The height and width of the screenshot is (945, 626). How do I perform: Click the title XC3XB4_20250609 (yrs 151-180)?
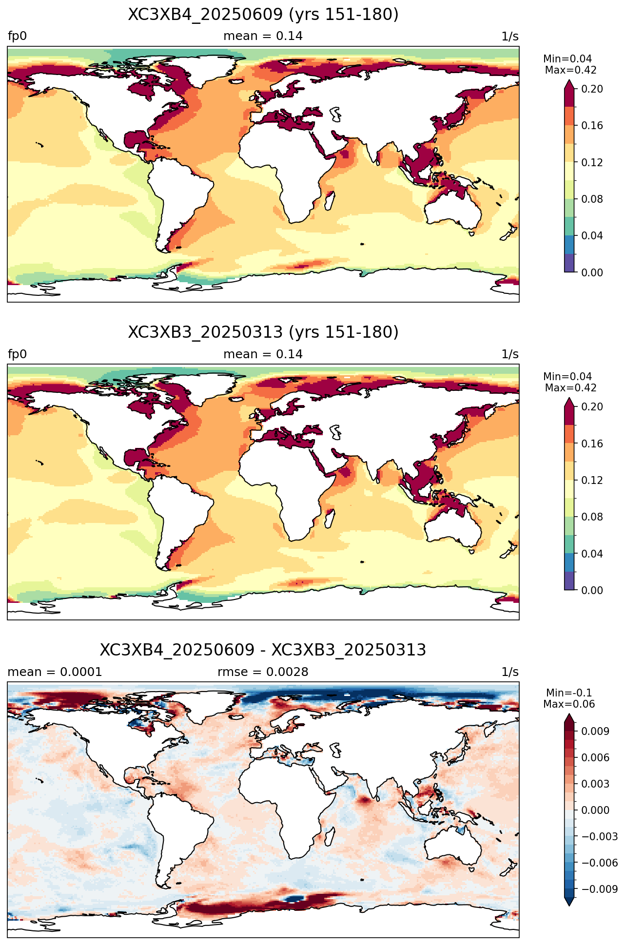(x=263, y=15)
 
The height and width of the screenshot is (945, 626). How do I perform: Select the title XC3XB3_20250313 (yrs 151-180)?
(x=263, y=332)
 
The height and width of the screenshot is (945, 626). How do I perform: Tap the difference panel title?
(x=263, y=650)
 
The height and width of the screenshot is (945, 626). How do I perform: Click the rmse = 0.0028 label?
(x=263, y=672)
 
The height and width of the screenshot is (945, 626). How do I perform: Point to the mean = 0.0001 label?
(x=55, y=672)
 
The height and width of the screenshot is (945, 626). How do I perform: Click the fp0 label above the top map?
(x=18, y=37)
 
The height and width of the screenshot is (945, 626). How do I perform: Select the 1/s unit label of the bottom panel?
(x=510, y=672)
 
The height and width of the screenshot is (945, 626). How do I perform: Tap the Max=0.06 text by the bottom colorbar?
(x=569, y=704)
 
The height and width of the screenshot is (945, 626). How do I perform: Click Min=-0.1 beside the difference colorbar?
(x=569, y=693)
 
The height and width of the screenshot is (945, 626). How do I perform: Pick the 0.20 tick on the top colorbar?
(x=592, y=89)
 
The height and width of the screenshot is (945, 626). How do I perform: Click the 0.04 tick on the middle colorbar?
(x=592, y=554)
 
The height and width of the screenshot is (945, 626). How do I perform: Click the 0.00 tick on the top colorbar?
(x=592, y=272)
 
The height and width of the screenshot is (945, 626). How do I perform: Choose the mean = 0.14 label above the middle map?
(x=263, y=354)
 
